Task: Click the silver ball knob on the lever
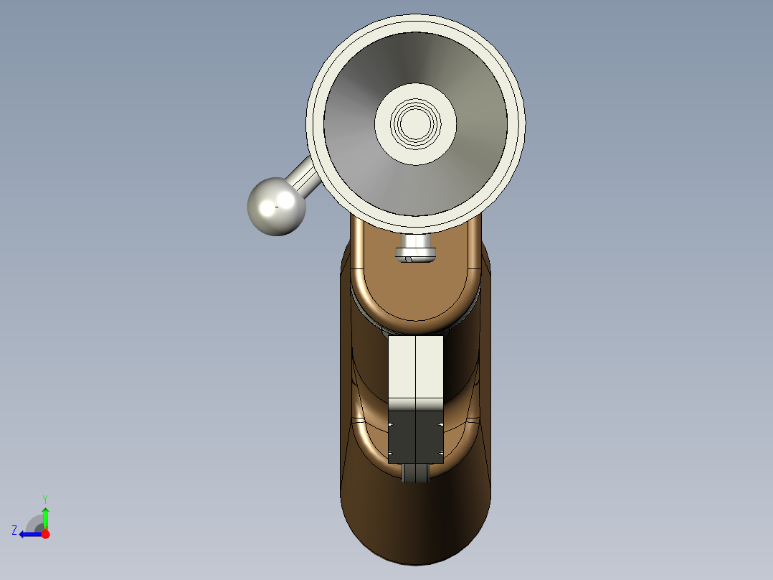coord(277,206)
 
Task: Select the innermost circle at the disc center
coord(415,123)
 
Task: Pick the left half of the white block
coord(402,373)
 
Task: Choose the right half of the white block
coord(430,373)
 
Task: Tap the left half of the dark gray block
coord(402,437)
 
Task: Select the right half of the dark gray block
coord(430,437)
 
